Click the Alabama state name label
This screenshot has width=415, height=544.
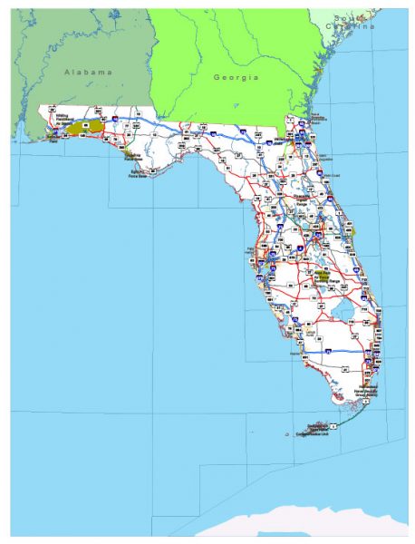(87, 70)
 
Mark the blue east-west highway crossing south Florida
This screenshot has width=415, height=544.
(317, 347)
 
